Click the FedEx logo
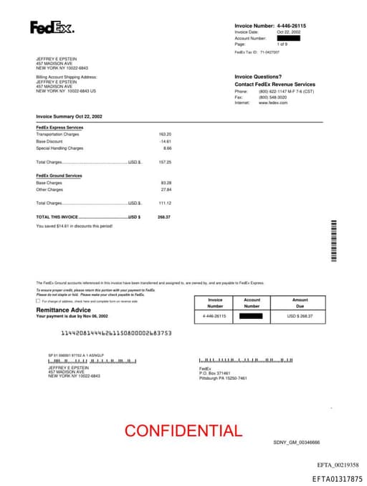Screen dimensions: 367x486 click(51, 28)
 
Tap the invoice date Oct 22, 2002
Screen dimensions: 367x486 click(288, 32)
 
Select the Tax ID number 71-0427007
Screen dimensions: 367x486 click(270, 52)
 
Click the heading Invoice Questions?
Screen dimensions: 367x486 click(258, 77)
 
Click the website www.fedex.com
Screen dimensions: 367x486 click(273, 103)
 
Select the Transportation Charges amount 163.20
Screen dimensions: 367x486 click(165, 134)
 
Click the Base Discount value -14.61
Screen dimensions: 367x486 click(166, 141)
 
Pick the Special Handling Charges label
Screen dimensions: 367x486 click(59, 148)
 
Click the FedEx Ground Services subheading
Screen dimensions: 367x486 click(59, 176)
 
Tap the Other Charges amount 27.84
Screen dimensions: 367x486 click(166, 190)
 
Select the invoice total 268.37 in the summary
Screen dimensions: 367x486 click(164, 216)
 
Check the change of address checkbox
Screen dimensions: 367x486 click(38, 301)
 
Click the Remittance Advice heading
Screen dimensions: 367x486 click(65, 310)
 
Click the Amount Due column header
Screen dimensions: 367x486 click(300, 302)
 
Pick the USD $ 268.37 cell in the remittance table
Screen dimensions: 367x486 click(300, 315)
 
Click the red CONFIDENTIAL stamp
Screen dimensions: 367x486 click(183, 431)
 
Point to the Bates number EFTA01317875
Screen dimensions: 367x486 click(337, 478)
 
